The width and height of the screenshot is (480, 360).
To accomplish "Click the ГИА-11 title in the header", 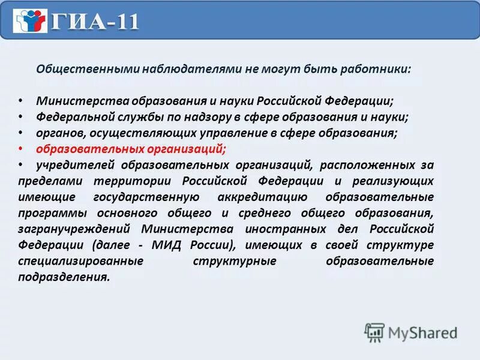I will click(95, 22).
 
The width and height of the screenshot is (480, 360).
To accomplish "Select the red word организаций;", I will click(194, 149).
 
